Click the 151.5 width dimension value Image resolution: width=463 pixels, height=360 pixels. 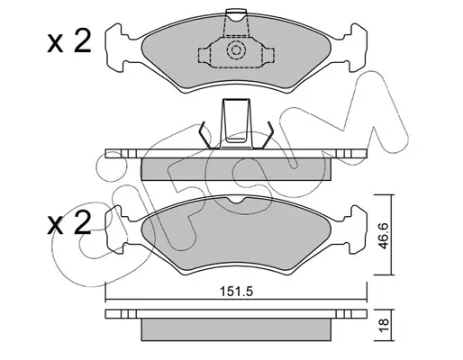point(237,292)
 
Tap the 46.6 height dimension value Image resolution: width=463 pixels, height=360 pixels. point(383,236)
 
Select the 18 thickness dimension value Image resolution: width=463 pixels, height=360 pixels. point(384,325)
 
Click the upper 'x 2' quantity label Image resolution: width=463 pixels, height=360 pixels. point(69,42)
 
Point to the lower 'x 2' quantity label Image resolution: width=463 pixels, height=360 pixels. point(69,223)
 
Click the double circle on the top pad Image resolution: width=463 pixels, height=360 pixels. point(236,49)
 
